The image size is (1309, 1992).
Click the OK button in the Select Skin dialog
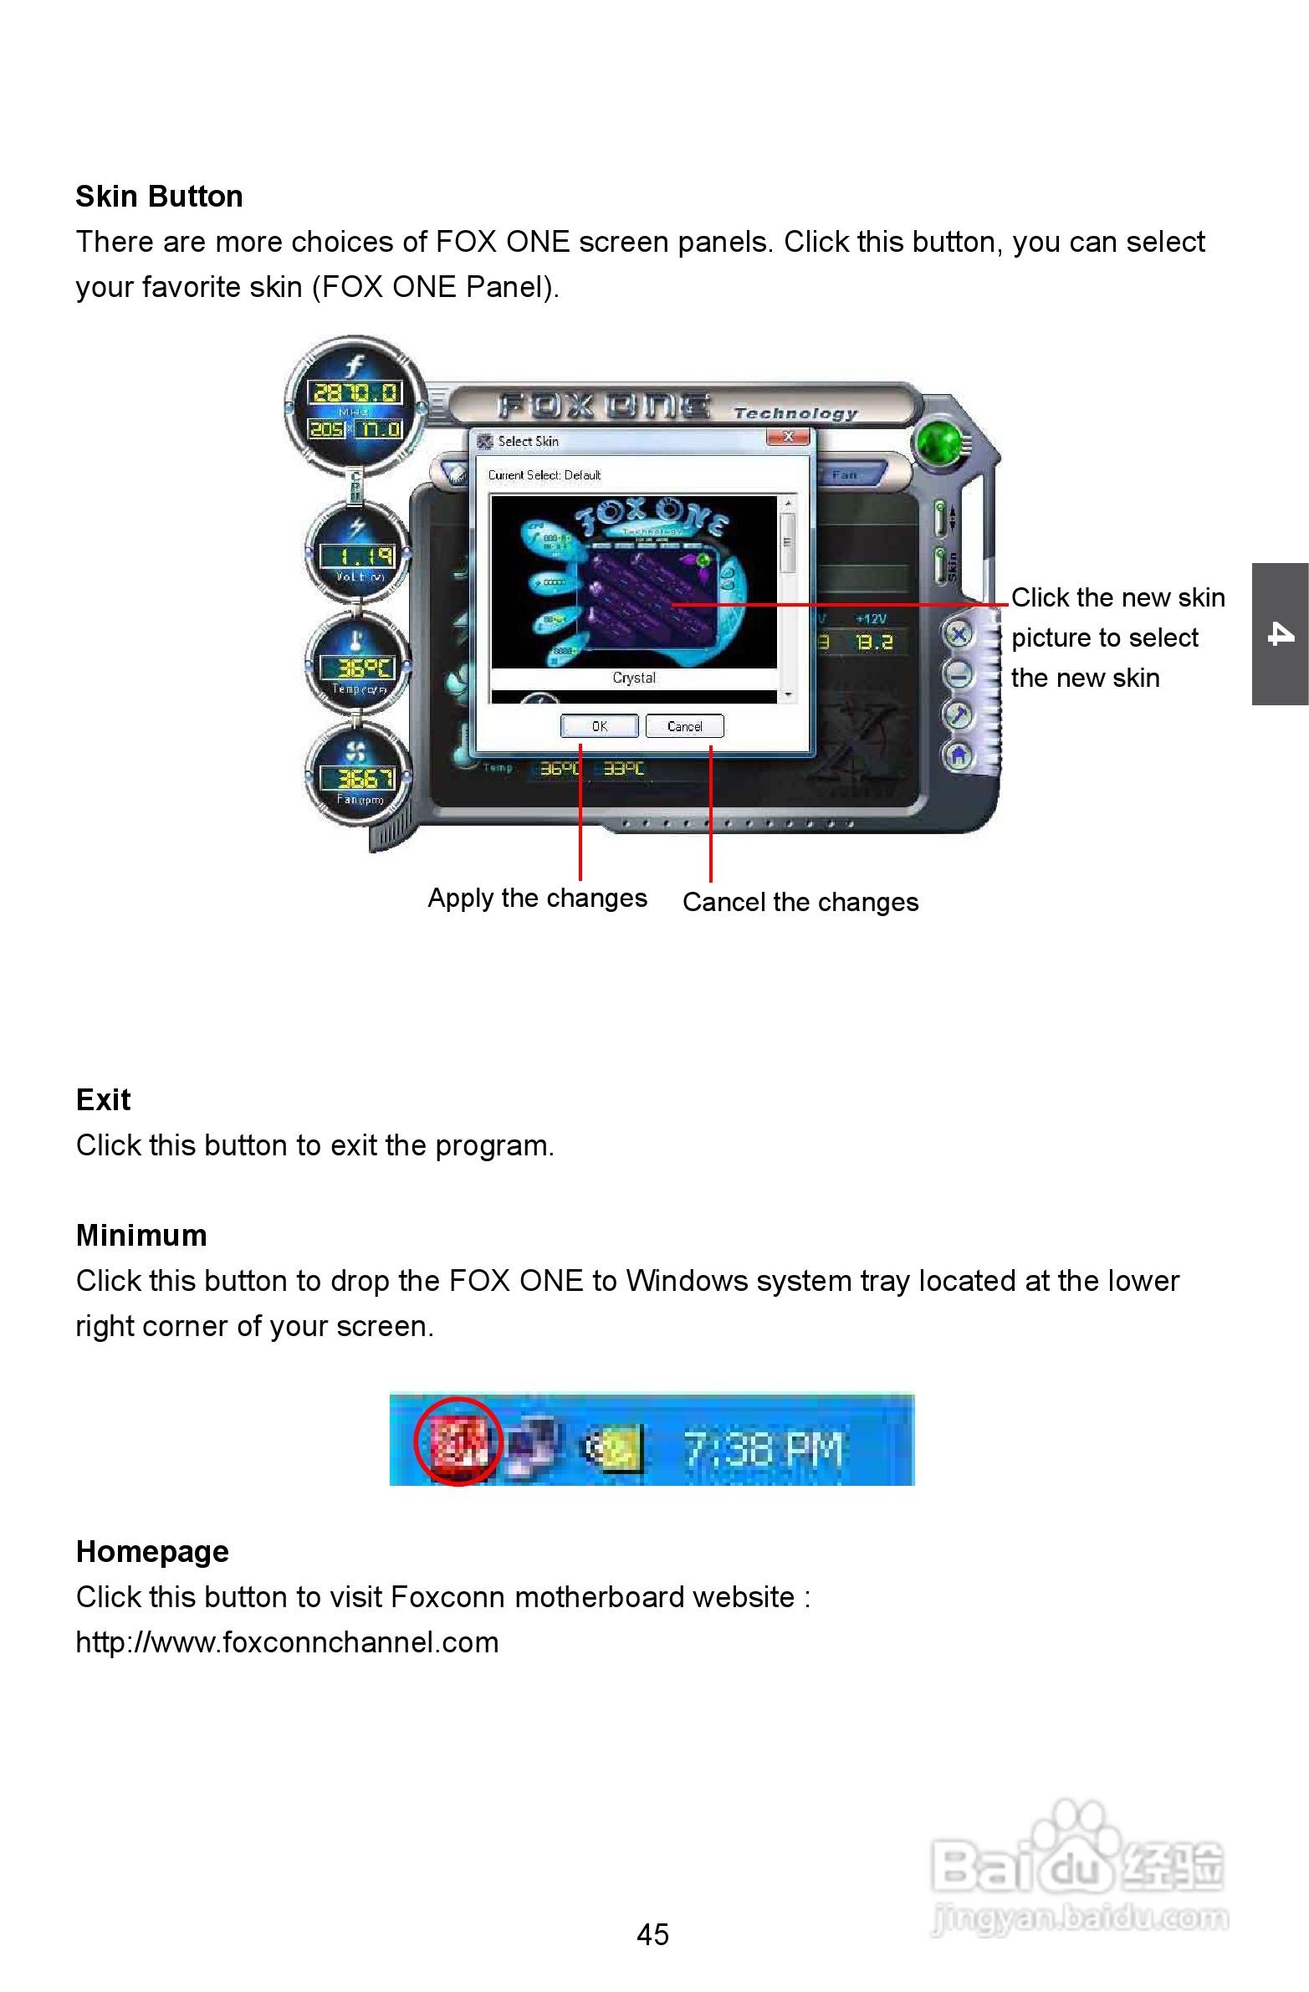[x=599, y=725]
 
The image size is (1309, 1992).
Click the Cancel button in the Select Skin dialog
[x=684, y=725]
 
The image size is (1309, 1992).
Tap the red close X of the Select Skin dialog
[x=788, y=436]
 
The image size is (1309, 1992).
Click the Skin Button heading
[x=159, y=196]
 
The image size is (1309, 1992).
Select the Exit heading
[x=103, y=1099]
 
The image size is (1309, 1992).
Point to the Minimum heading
[x=141, y=1235]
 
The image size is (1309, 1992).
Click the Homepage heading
[x=152, y=1551]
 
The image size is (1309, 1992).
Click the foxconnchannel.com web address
[x=287, y=1641]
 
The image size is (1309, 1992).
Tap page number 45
[x=652, y=1933]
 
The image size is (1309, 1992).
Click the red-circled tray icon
[x=458, y=1442]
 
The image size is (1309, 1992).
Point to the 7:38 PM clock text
[x=763, y=1448]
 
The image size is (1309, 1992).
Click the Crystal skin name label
[x=633, y=677]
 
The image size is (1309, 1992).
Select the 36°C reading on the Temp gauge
[x=357, y=667]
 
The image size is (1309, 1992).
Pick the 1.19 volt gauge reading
[x=357, y=556]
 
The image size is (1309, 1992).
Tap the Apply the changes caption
[x=537, y=898]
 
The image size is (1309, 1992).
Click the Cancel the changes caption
[x=800, y=902]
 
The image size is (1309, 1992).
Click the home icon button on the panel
[x=959, y=755]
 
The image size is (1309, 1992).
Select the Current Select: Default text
[x=544, y=474]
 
